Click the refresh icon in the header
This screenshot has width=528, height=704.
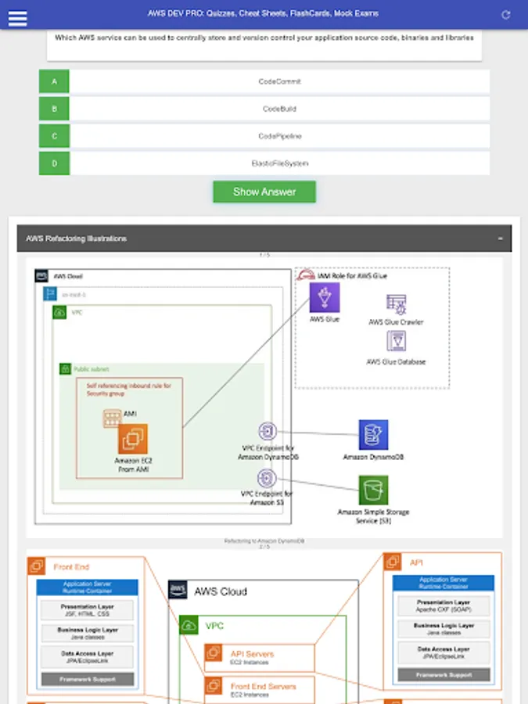point(506,15)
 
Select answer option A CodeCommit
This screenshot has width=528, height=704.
point(279,81)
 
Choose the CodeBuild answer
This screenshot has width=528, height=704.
point(279,109)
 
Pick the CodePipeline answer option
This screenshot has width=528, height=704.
point(279,136)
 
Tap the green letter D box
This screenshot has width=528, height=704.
point(54,163)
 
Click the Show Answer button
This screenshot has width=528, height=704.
point(264,192)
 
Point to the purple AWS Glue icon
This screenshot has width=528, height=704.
point(325,298)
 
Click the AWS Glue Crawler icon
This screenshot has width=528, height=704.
point(396,305)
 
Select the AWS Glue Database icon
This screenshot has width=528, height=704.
point(396,342)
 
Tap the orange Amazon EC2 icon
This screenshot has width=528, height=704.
point(133,439)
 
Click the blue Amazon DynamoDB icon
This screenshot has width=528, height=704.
point(373,435)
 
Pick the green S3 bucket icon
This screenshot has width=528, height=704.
point(373,490)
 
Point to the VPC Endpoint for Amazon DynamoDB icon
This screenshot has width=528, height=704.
point(268,432)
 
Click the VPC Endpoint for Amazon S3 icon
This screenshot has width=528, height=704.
point(268,478)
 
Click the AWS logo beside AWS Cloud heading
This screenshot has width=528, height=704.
point(178,591)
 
